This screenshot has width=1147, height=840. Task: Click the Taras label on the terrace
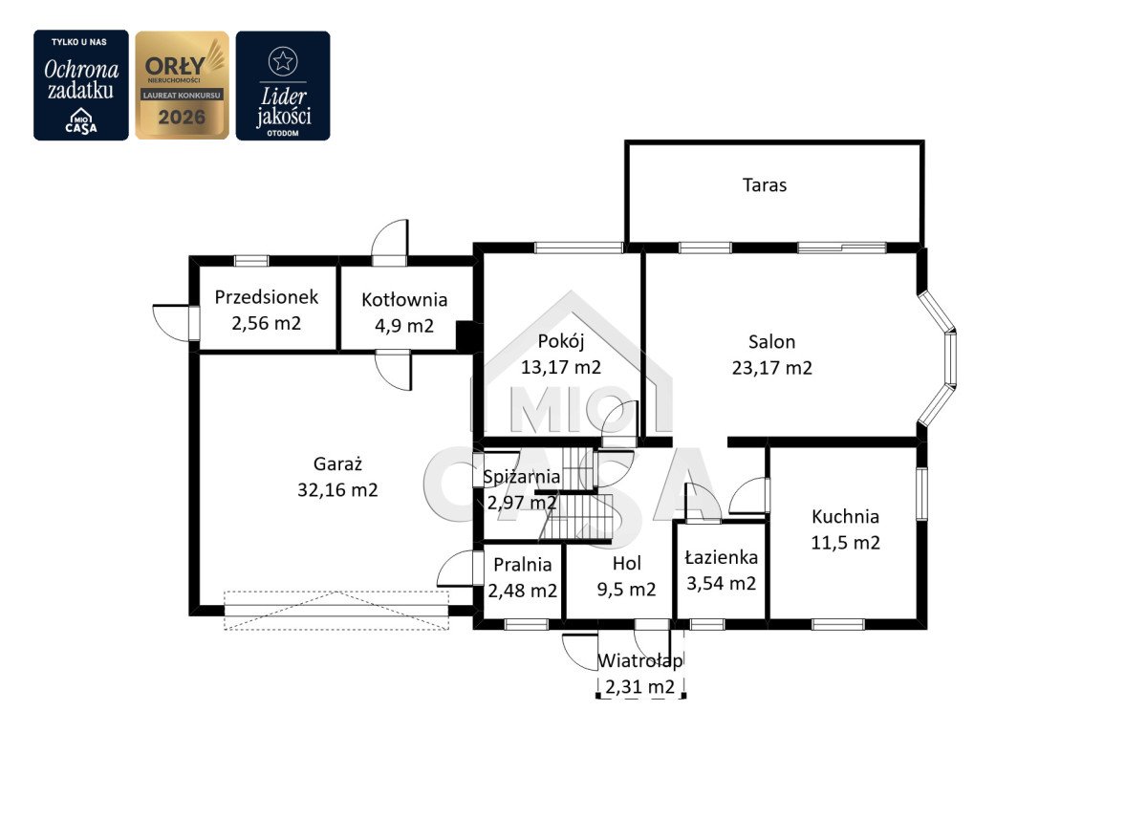[x=765, y=185]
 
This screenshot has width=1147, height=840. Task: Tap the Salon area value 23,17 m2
[x=771, y=368]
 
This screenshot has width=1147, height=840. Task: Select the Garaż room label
[x=337, y=463]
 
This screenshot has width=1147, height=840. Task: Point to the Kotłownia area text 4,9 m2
[x=404, y=326]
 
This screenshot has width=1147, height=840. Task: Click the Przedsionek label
[x=267, y=297]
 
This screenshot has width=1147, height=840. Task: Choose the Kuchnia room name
[x=845, y=516]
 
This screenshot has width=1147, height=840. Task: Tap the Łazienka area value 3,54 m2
[x=721, y=584]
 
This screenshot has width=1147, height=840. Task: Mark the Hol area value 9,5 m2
[x=626, y=590]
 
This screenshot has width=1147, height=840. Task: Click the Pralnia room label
[x=522, y=565]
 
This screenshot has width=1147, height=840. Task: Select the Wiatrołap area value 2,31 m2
[x=640, y=687]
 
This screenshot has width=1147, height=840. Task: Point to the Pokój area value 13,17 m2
[x=561, y=368]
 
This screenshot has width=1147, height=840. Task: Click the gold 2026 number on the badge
[x=182, y=118]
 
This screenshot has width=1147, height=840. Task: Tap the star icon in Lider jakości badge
[x=283, y=61]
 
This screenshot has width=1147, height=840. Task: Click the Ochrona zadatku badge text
[x=81, y=80]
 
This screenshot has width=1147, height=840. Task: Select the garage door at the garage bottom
[x=336, y=611]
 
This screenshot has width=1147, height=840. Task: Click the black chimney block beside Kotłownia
[x=466, y=336]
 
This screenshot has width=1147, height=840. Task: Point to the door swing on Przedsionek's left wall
[x=171, y=323]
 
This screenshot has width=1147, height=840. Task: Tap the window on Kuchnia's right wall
[x=921, y=494]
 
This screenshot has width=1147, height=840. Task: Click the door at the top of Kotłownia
[x=390, y=243]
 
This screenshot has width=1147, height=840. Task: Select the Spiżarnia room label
[x=521, y=477]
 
